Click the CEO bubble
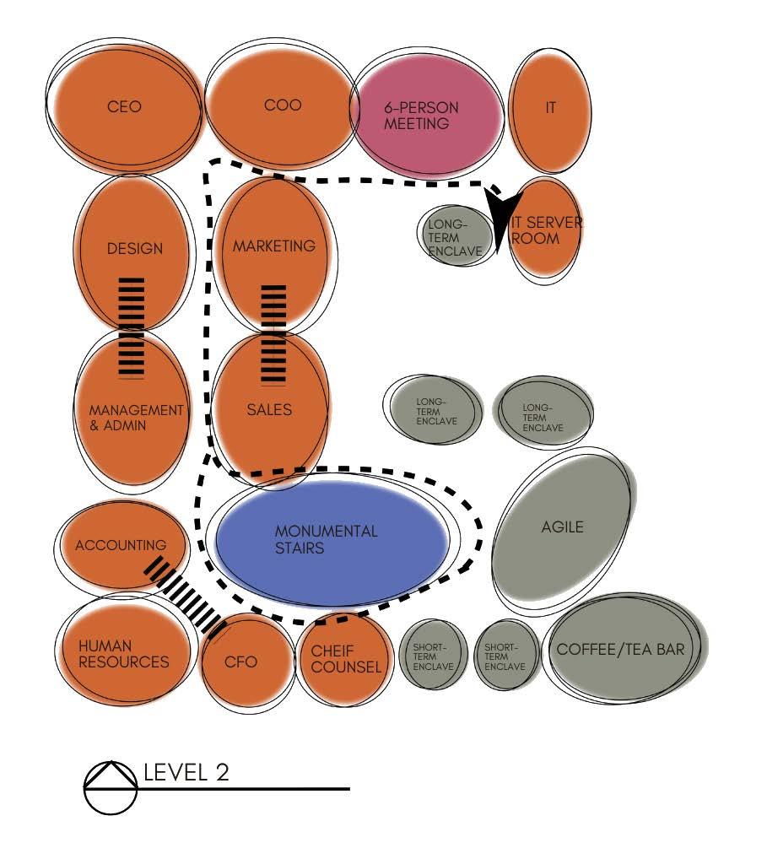coord(124,107)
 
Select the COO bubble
coord(282,107)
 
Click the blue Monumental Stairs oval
coord(331,540)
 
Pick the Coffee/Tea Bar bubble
coord(620,651)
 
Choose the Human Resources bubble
coord(124,654)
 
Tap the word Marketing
coord(273,246)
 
